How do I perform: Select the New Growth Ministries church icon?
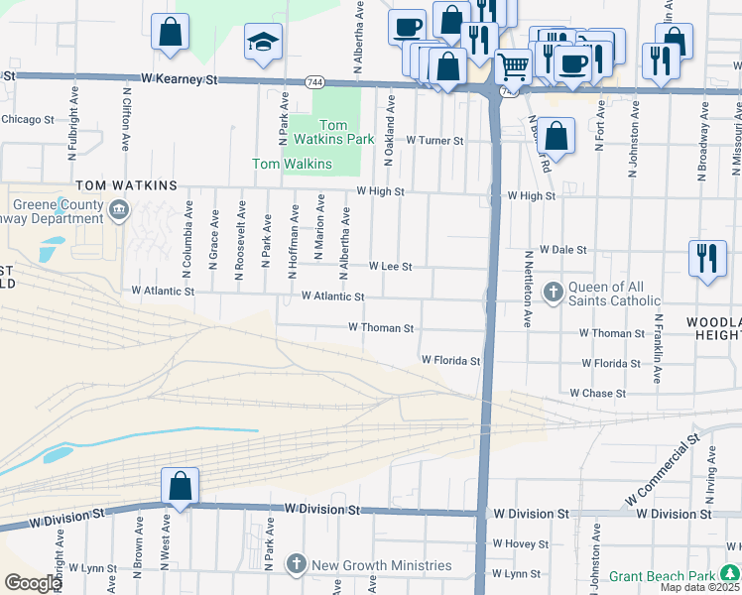tap(296, 565)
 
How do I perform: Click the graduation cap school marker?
tap(263, 43)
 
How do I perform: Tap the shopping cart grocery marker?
tap(513, 67)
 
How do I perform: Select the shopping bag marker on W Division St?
tap(180, 487)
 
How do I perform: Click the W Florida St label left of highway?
tap(450, 361)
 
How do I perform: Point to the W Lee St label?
tap(390, 267)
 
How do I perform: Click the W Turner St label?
tap(434, 141)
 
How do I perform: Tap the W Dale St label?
tap(563, 251)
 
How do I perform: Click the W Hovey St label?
tap(519, 544)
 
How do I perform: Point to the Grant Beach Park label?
tap(662, 576)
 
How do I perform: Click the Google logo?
tap(32, 583)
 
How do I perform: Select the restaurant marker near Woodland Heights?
tap(705, 258)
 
